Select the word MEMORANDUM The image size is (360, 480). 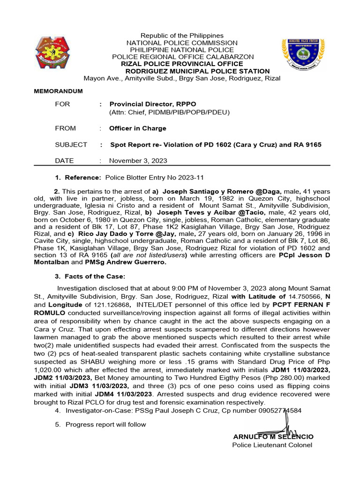coord(58,91)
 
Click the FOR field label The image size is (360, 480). coord(62,104)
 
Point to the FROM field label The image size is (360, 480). coord(65,128)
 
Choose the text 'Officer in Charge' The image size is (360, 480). coord(137,128)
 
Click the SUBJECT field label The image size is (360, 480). coord(71,145)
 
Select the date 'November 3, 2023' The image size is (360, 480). coord(138,160)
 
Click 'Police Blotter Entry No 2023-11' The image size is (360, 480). coord(155,178)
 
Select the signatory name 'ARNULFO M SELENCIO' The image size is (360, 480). coord(273,436)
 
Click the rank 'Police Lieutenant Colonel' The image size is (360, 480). coord(272,445)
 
